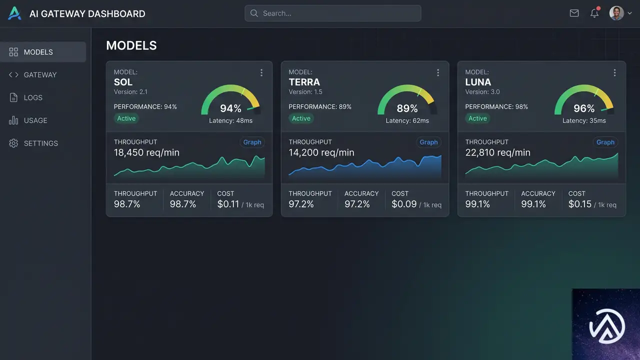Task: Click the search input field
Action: tap(332, 13)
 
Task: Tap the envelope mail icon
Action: tap(574, 13)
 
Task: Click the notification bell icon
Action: tap(594, 12)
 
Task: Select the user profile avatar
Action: tap(616, 13)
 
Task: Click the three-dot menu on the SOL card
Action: tap(261, 72)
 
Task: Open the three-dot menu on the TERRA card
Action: tap(438, 72)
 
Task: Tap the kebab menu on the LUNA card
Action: tap(614, 72)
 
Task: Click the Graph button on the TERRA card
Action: tap(428, 142)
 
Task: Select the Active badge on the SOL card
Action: tap(126, 118)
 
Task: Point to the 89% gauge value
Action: tap(407, 108)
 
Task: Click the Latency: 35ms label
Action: tap(584, 121)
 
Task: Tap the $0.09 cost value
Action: tap(404, 204)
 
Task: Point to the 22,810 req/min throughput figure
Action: tap(497, 152)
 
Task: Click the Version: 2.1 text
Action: tap(130, 92)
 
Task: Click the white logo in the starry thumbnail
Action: tap(607, 326)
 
